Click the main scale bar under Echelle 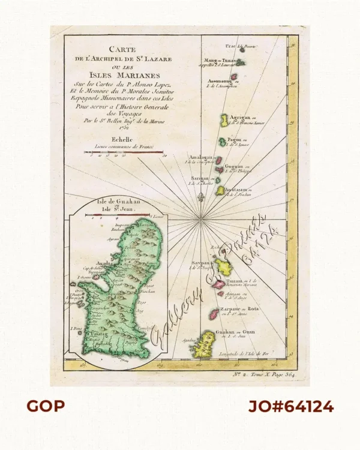pyautogui.click(x=123, y=152)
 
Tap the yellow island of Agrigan pyautogui.click(x=223, y=121)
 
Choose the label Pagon pyautogui.click(x=233, y=140)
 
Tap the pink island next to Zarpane pyautogui.click(x=214, y=313)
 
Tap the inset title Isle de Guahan pyautogui.click(x=118, y=203)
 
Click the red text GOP pyautogui.click(x=46, y=406)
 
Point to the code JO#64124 pyautogui.click(x=291, y=406)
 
